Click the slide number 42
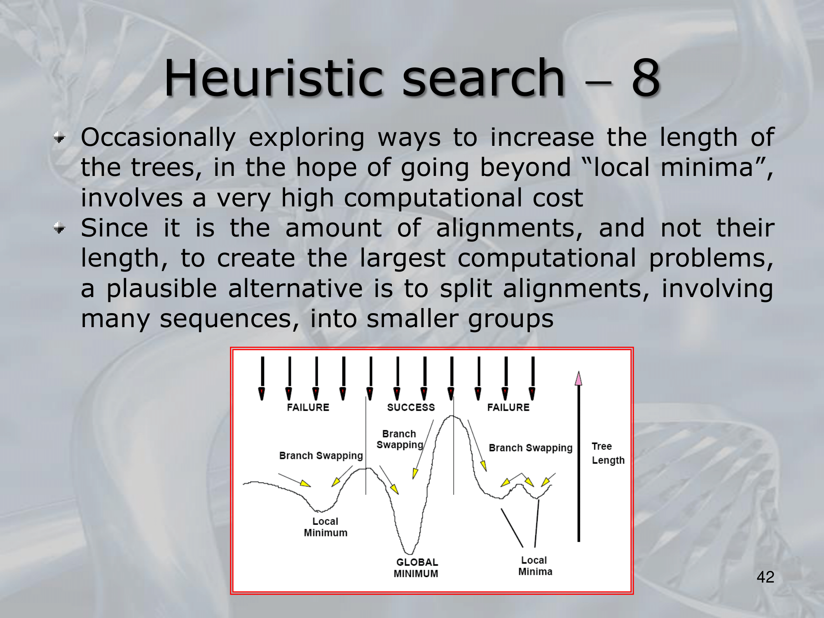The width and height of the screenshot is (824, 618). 765,577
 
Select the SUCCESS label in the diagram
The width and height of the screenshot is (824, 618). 411,407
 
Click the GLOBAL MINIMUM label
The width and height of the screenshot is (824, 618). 416,568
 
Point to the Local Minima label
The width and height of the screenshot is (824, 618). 535,566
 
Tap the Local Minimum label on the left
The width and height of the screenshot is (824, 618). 325,527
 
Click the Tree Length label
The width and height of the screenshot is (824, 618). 608,453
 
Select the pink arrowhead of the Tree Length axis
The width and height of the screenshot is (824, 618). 578,378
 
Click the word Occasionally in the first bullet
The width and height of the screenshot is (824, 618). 158,138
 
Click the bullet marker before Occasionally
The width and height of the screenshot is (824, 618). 60,138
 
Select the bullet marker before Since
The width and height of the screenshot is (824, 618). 60,227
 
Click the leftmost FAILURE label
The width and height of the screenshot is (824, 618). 308,407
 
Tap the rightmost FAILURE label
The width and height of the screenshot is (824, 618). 508,407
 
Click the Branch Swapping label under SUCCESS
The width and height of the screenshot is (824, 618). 400,440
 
